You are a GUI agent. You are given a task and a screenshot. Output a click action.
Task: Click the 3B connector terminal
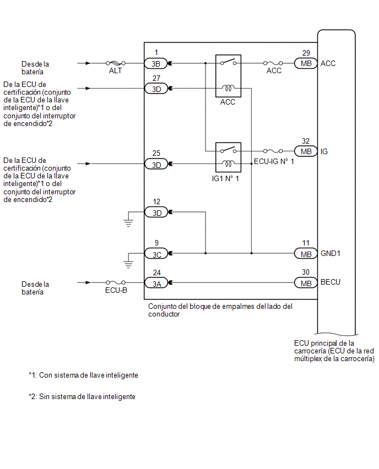coord(156,63)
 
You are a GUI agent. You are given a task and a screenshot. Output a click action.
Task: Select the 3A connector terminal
coord(156,283)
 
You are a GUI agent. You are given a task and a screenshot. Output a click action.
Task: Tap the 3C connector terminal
coord(156,253)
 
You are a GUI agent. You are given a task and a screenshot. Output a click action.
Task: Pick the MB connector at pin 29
coord(306,63)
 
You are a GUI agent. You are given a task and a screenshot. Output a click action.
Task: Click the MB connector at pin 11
coord(306,253)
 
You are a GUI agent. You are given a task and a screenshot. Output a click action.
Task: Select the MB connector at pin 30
coord(306,283)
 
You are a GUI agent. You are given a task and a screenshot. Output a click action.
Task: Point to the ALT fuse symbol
coord(115,63)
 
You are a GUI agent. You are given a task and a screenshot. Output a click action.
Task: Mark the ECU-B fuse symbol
coord(115,283)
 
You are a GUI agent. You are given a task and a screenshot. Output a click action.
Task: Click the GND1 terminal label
coord(331,254)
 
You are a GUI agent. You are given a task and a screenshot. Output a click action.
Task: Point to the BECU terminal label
coord(331,282)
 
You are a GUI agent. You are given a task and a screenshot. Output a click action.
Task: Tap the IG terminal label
coord(324,151)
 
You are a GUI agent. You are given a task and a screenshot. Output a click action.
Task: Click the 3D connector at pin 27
coord(156,88)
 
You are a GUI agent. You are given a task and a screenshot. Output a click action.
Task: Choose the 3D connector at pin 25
coord(156,163)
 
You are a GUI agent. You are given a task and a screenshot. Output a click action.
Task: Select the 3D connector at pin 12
coord(156,212)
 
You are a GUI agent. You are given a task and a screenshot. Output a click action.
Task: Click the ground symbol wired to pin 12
coord(128,222)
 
